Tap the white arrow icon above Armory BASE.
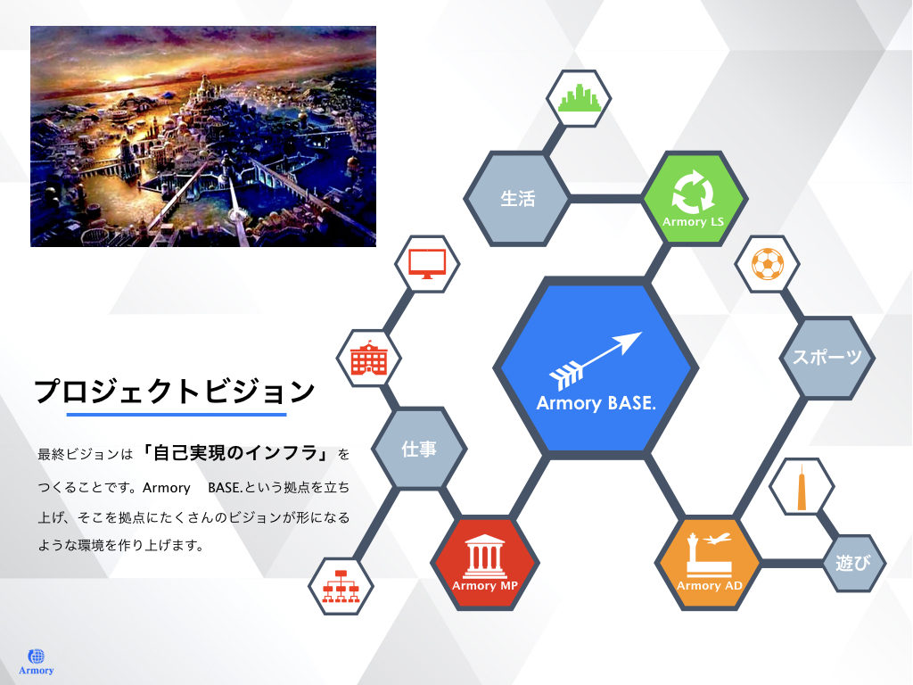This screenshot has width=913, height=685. tap(595, 360)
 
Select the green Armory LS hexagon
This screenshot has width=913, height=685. tap(694, 199)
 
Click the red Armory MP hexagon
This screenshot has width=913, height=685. tap(485, 563)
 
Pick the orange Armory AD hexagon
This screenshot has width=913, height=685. tap(709, 563)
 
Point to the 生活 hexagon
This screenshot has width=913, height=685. tap(517, 199)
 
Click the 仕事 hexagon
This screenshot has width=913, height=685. tap(419, 449)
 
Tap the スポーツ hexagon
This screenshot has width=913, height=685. tap(827, 358)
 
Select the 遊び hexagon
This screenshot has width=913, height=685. tap(854, 564)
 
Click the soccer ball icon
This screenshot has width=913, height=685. tap(768, 264)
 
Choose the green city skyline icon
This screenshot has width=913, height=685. tap(579, 98)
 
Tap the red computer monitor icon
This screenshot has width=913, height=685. tap(427, 264)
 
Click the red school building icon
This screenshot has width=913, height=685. tap(368, 359)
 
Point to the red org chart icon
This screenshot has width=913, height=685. tap(341, 585)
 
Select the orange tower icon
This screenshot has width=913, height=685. tap(802, 487)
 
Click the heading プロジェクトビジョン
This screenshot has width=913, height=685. tap(176, 392)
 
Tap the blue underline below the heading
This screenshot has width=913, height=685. tap(177, 415)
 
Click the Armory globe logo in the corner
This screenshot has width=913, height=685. tap(36, 662)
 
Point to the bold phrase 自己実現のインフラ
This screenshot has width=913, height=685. tap(235, 452)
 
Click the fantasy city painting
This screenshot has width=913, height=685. tap(203, 136)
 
